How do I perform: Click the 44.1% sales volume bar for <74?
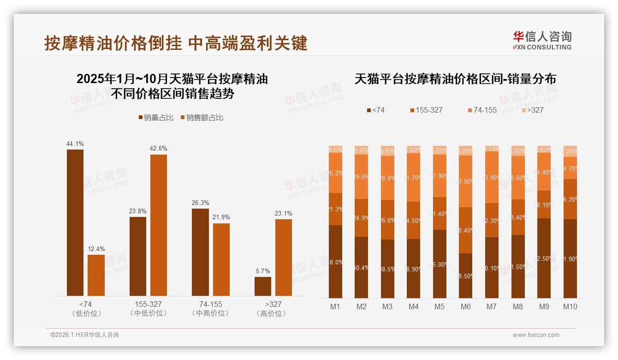tap(75, 222)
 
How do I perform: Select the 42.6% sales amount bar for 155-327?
tap(159, 225)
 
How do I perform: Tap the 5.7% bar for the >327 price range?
tap(263, 286)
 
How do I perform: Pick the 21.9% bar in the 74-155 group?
tap(221, 259)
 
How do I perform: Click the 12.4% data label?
tap(96, 249)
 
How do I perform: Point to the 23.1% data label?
tap(284, 214)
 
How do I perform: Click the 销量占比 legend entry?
tap(156, 118)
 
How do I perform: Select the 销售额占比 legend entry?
tap(202, 118)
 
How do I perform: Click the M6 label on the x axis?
tap(466, 306)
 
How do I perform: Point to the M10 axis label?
tap(570, 306)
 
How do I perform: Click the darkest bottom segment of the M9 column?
tap(544, 258)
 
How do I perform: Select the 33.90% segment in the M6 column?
tap(466, 181)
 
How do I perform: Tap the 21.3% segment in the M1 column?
tap(336, 209)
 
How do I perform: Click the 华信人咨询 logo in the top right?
tap(542, 40)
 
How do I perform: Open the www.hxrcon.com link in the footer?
tap(536, 335)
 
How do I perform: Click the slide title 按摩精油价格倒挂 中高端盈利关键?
tap(176, 43)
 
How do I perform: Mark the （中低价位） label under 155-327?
tap(149, 313)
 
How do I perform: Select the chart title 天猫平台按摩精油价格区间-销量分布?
tap(455, 79)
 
